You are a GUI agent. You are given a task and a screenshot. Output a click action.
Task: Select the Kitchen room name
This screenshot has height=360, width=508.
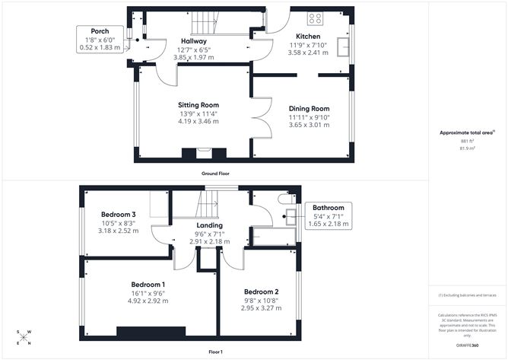tap(308, 36)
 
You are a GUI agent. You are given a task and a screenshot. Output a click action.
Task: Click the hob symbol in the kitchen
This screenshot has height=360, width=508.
tap(316, 19)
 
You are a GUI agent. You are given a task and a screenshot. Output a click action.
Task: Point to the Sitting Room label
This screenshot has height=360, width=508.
tap(198, 105)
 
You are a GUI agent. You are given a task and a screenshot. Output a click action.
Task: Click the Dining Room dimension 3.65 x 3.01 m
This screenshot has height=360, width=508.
tap(308, 125)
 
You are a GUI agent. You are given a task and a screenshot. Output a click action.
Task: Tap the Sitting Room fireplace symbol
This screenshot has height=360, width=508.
tap(203, 152)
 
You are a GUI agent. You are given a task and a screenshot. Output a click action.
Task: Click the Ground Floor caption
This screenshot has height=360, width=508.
tap(215, 174)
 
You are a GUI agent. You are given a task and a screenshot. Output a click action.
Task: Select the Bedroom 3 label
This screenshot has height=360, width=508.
tap(118, 215)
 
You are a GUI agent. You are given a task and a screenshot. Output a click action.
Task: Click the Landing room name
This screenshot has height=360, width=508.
tap(209, 225)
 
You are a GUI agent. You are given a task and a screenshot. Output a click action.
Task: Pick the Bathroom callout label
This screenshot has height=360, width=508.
tap(328, 208)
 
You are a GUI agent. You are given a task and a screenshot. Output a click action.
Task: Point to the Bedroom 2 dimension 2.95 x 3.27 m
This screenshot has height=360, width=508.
tap(260, 309)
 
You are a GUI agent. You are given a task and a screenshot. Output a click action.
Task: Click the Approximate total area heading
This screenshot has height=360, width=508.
tap(465, 132)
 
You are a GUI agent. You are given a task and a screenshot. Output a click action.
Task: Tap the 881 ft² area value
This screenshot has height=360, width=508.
tap(467, 141)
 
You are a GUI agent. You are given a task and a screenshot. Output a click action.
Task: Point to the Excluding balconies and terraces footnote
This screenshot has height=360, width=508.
tap(468, 295)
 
